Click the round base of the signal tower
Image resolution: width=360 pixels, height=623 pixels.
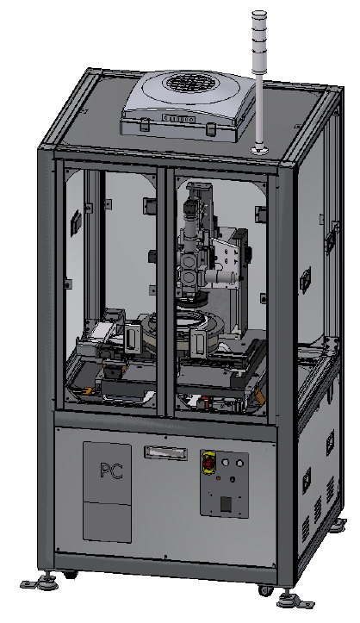pos(259,152)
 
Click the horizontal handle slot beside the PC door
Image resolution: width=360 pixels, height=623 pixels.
pos(165,451)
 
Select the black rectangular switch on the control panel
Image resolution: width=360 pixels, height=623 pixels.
pos(225,503)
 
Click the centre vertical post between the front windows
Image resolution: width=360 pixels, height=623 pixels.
pos(167,284)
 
